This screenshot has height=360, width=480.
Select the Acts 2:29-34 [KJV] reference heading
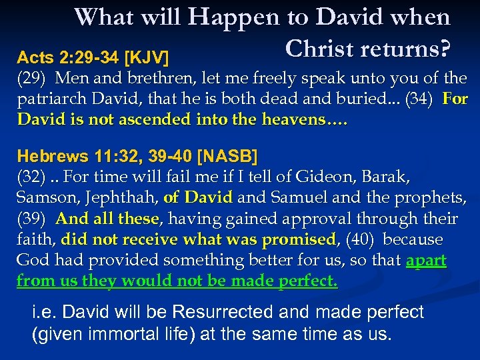click(x=93, y=53)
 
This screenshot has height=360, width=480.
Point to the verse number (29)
click(x=31, y=79)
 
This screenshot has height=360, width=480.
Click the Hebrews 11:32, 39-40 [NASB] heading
click(x=137, y=157)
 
